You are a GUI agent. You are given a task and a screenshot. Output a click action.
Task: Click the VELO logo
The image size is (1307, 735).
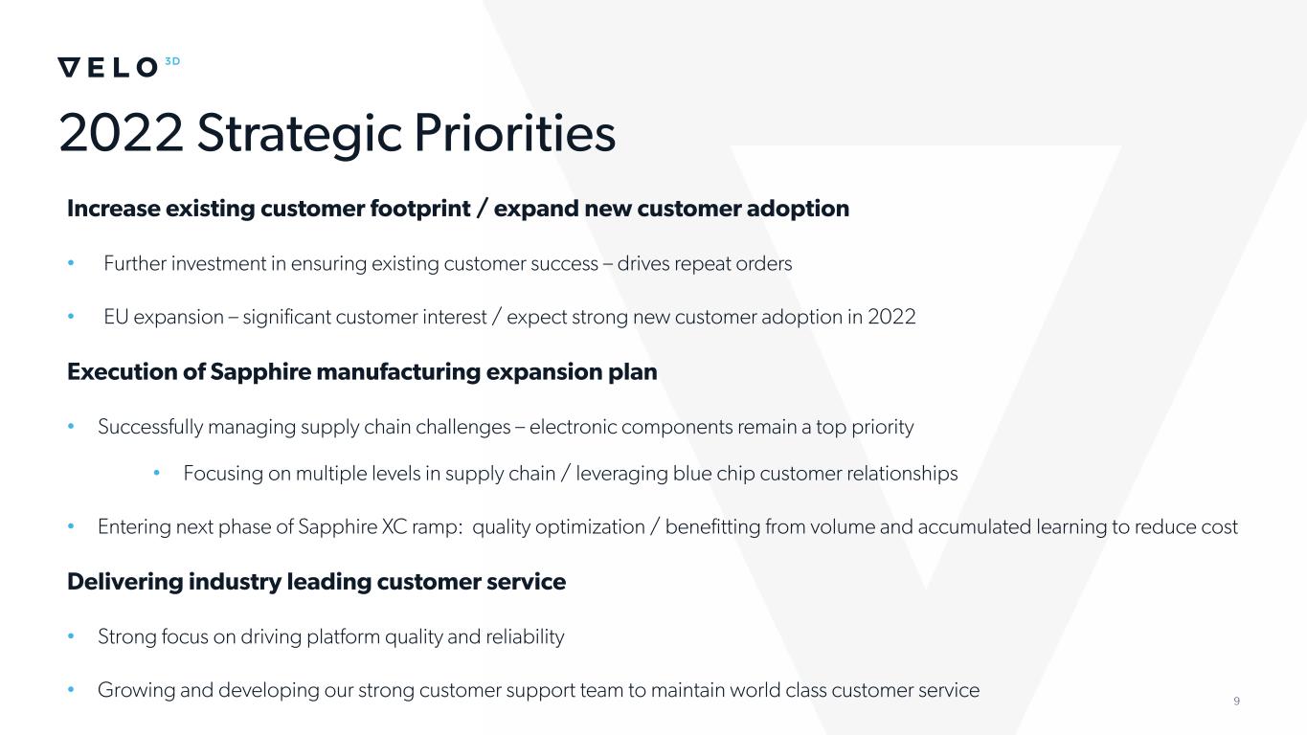pyautogui.click(x=108, y=67)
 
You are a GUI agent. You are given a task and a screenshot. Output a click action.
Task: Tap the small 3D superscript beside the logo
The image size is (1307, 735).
pyautogui.click(x=172, y=61)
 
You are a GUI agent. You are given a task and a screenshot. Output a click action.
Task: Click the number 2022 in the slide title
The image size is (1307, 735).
pyautogui.click(x=122, y=134)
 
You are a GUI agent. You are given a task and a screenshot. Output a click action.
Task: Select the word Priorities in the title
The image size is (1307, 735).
pyautogui.click(x=514, y=134)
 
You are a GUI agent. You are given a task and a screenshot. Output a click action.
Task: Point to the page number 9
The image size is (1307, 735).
pyautogui.click(x=1236, y=702)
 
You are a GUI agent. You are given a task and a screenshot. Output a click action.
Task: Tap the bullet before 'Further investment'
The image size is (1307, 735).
pyautogui.click(x=71, y=263)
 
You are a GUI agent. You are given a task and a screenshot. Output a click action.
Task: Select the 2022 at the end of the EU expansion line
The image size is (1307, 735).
pyautogui.click(x=891, y=317)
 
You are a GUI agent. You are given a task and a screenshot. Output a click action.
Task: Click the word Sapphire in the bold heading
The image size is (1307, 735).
pyautogui.click(x=260, y=372)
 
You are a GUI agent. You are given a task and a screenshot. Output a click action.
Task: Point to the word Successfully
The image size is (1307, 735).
pyautogui.click(x=150, y=427)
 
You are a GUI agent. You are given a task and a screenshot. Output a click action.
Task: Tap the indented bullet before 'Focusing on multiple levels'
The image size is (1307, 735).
pyautogui.click(x=156, y=473)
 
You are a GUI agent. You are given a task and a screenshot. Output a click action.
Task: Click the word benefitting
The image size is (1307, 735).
pyautogui.click(x=712, y=526)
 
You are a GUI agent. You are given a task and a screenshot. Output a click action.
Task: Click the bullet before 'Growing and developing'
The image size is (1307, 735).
pyautogui.click(x=71, y=689)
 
